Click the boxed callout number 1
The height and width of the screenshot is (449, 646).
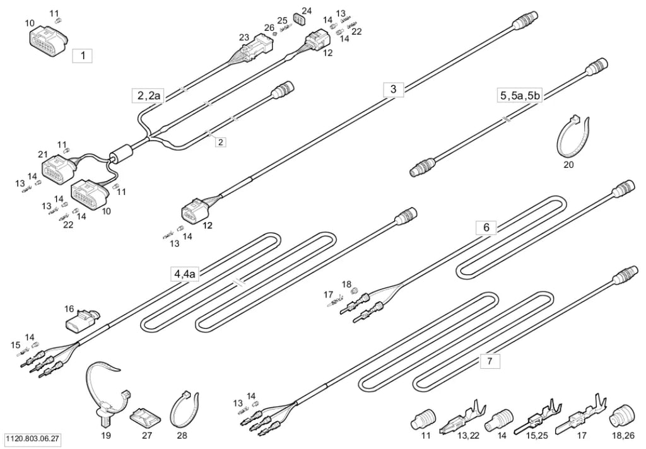[x=83, y=55]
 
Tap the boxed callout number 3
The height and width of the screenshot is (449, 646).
[x=393, y=89]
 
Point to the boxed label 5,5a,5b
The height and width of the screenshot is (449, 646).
[x=520, y=96]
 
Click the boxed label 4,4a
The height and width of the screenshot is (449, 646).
[x=185, y=274]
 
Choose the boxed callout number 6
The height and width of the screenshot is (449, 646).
[x=486, y=228]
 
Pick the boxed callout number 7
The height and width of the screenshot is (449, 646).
[x=490, y=361]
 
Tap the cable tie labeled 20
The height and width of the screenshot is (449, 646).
[x=570, y=136]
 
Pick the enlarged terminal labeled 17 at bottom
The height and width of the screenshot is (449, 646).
[x=581, y=415]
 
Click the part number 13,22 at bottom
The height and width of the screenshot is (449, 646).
[x=469, y=435]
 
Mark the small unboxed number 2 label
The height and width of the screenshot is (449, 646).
[x=221, y=142]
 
